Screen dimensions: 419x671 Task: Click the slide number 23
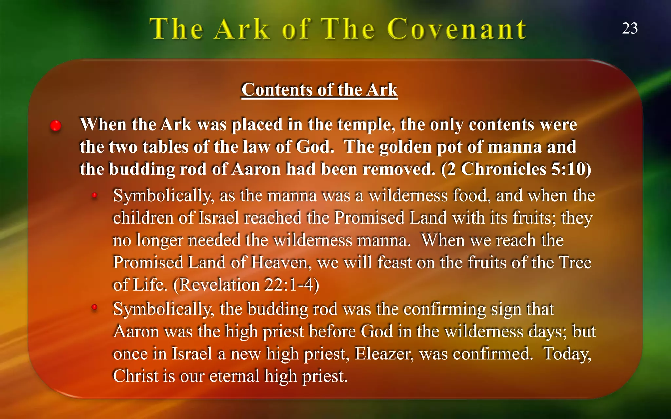[630, 28]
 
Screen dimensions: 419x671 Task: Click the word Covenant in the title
[457, 29]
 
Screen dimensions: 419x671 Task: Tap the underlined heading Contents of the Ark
[320, 90]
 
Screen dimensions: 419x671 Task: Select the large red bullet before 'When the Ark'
[56, 125]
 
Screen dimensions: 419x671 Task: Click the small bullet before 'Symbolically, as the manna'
[95, 196]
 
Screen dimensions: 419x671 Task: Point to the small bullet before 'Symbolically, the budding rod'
[95, 307]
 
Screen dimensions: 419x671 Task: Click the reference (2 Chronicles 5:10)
[516, 169]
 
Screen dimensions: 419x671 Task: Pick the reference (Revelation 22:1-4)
[246, 285]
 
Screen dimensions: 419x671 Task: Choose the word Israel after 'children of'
[219, 218]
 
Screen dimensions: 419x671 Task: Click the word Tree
[575, 263]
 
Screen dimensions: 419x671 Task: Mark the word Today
[567, 354]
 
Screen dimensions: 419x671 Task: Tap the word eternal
[234, 376]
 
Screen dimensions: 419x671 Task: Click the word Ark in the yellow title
[242, 29]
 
